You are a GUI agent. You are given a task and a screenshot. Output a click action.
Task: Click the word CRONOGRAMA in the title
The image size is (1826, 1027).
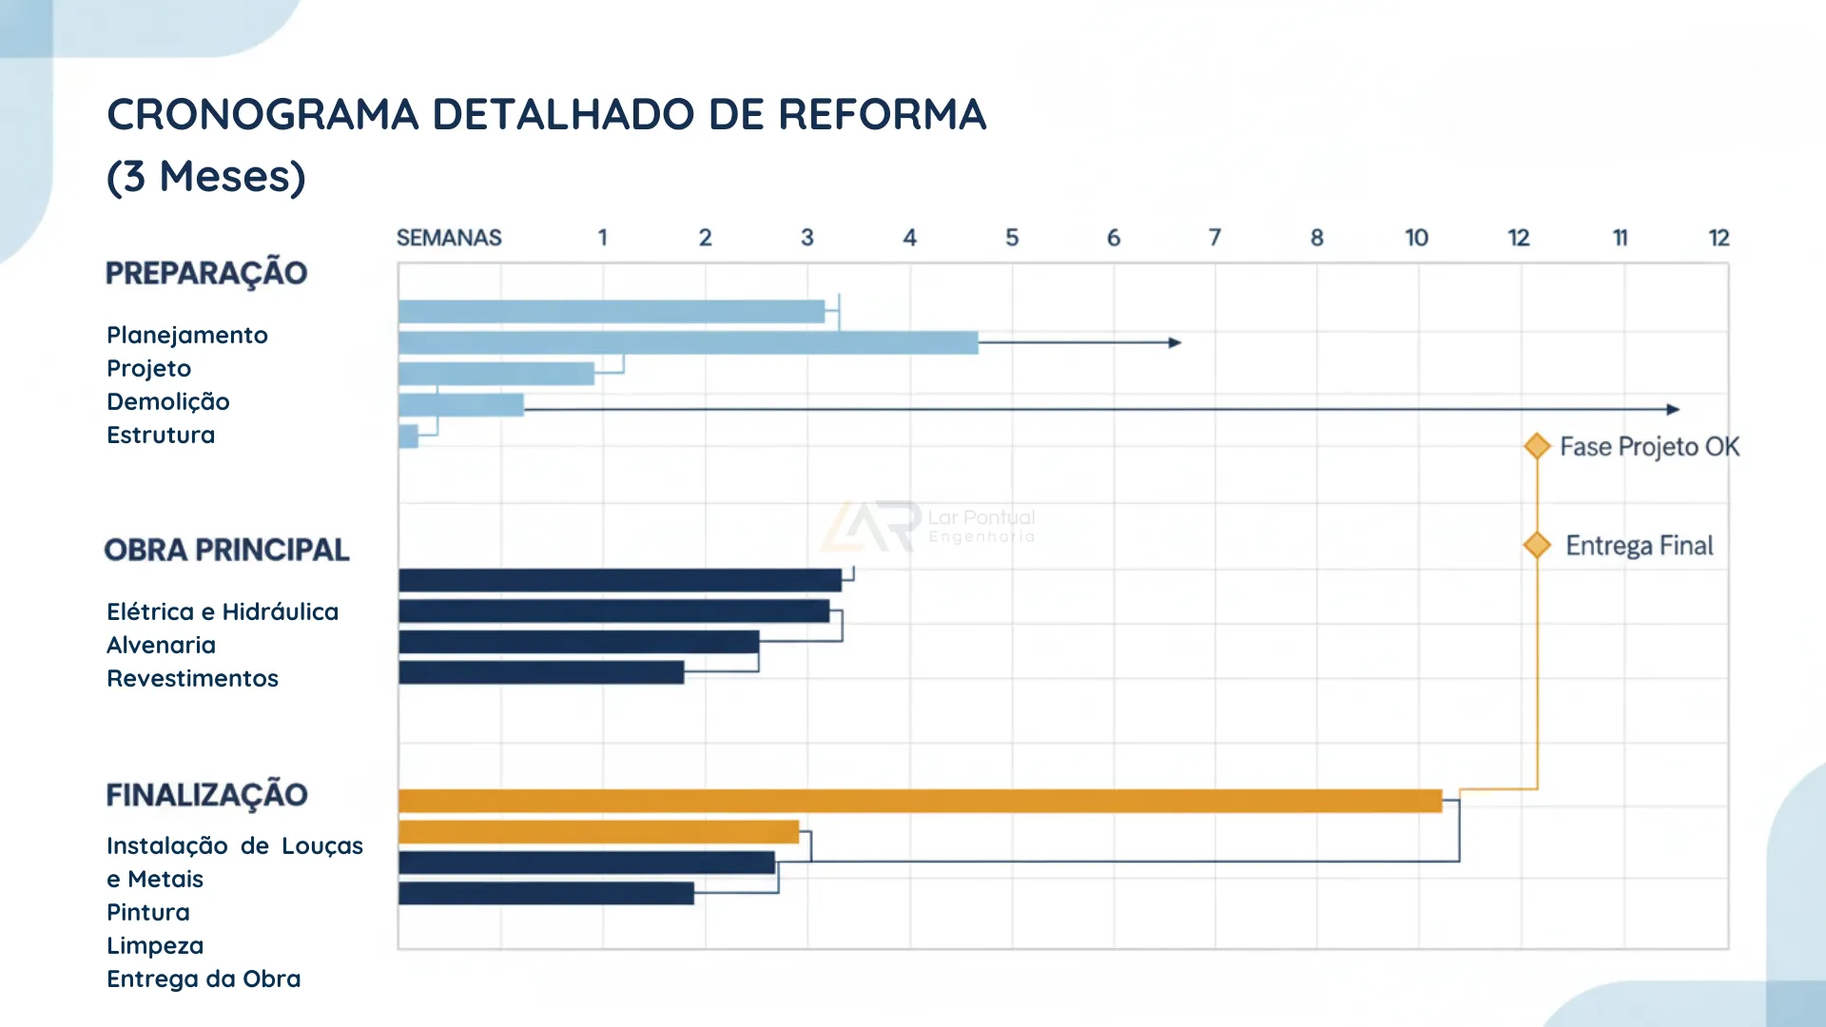point(262,114)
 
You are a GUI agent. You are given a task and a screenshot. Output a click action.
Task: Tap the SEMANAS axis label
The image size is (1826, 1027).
point(448,238)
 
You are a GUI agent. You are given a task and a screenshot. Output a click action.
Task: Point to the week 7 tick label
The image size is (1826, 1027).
point(1214,238)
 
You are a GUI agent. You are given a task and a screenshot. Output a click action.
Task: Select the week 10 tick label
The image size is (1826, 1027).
point(1416,238)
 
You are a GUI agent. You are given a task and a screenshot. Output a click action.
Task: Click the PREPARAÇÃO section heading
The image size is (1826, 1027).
point(206,273)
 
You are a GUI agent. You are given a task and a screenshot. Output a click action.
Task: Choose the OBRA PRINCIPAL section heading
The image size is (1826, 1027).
point(226,550)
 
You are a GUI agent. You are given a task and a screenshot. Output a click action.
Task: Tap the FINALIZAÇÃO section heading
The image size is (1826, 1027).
point(206,795)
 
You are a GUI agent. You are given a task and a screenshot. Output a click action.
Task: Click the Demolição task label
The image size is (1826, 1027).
point(167,401)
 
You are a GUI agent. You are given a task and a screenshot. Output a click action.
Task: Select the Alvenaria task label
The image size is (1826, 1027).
point(161,645)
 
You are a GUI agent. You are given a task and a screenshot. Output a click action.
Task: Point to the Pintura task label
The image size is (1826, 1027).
point(147,912)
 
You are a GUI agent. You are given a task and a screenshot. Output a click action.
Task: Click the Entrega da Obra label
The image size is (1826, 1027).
point(204,979)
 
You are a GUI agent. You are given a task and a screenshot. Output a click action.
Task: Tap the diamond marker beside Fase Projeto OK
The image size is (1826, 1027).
point(1537,446)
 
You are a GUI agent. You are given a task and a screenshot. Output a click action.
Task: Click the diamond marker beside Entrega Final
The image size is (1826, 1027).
point(1537,545)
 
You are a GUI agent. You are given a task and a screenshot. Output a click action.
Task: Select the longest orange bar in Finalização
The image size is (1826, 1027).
point(919,801)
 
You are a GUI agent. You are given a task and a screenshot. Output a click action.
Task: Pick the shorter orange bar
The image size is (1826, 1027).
point(598,832)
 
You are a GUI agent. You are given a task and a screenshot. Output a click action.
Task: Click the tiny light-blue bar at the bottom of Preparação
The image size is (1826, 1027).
point(409,436)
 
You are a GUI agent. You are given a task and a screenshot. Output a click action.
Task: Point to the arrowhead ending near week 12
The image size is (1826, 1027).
point(1673,409)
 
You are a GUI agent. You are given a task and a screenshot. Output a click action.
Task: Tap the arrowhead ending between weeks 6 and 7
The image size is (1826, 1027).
point(1175,342)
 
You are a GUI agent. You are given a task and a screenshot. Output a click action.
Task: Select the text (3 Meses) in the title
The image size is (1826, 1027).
point(205,177)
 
